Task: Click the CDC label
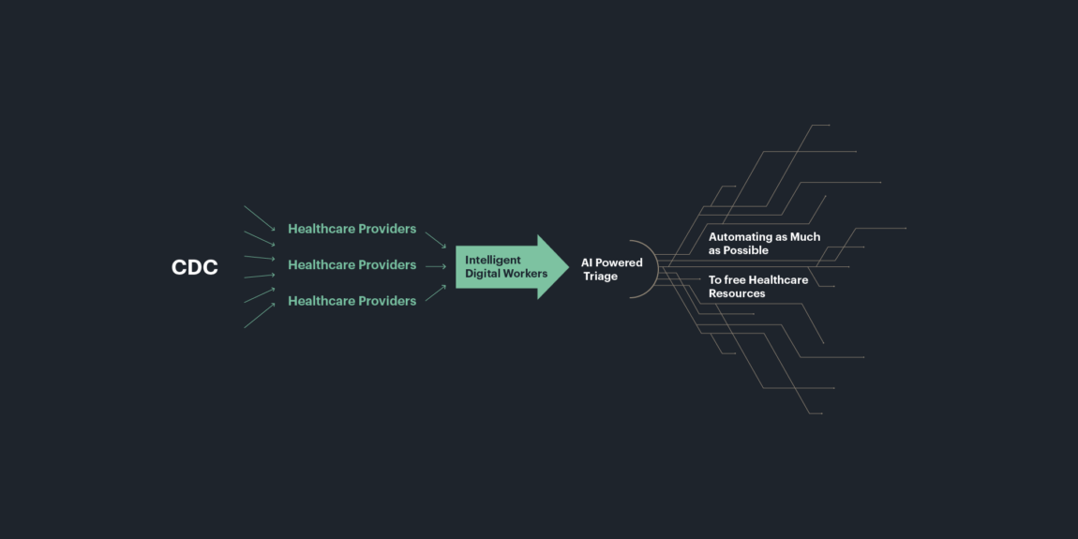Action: (195, 267)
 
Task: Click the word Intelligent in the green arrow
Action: (493, 260)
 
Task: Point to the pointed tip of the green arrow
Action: (569, 267)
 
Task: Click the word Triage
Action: (601, 277)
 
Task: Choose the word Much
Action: (806, 237)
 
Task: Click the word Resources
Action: (737, 293)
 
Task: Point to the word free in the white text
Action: (734, 280)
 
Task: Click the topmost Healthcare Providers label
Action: (352, 229)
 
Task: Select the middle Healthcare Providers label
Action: (352, 264)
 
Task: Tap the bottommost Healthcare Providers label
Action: (352, 301)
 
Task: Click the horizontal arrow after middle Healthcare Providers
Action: (436, 267)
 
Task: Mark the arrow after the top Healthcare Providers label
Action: (436, 240)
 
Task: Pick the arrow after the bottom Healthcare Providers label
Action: (436, 292)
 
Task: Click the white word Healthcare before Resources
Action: (778, 280)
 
